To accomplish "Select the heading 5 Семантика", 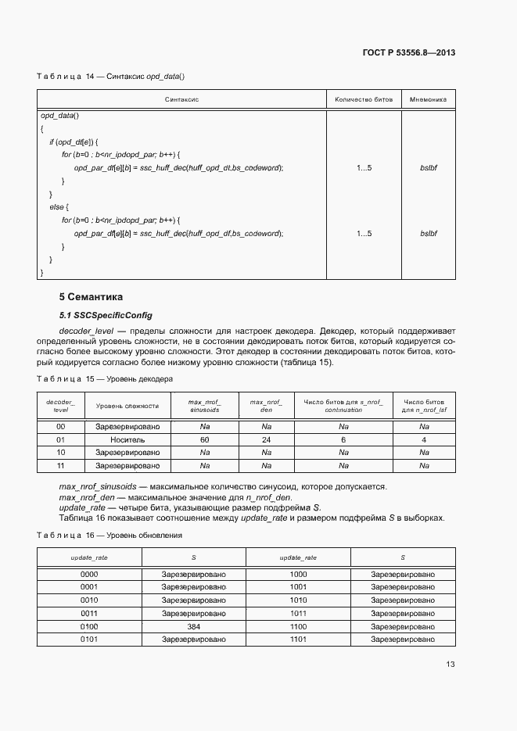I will (92, 297).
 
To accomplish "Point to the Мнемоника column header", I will (428, 99).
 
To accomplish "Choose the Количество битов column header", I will (364, 99).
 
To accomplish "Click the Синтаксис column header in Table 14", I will (181, 99).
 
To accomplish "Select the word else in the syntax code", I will (59, 207).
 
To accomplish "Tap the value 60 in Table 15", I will (205, 440).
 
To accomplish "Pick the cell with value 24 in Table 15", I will (266, 440).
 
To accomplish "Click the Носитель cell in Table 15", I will (127, 440).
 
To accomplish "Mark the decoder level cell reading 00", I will (61, 427).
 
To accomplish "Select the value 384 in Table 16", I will (194, 627).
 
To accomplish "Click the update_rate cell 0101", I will (89, 640).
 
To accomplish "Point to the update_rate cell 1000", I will (298, 574).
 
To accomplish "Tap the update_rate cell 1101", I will (298, 640).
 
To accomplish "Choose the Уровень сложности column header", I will (127, 406).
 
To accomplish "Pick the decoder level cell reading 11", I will (61, 465).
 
